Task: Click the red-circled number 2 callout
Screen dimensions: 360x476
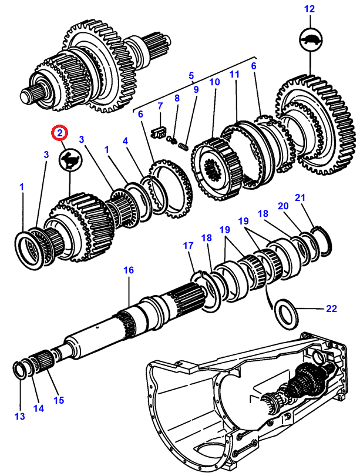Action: pyautogui.click(x=59, y=132)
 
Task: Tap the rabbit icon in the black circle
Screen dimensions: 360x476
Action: pyautogui.click(x=70, y=159)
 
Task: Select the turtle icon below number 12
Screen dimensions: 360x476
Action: pyautogui.click(x=311, y=39)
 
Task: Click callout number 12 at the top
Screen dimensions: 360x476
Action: pyautogui.click(x=309, y=9)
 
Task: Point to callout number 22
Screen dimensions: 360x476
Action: pyautogui.click(x=331, y=309)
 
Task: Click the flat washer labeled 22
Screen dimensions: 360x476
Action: pyautogui.click(x=286, y=314)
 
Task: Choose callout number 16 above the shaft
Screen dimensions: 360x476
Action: pyautogui.click(x=129, y=270)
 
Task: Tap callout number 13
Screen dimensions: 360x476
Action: pyautogui.click(x=20, y=416)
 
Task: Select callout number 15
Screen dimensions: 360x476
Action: pyautogui.click(x=59, y=400)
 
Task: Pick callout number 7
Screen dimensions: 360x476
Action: pyautogui.click(x=160, y=106)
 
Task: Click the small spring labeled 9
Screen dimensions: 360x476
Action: pyautogui.click(x=183, y=146)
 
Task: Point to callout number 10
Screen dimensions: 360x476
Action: pyautogui.click(x=214, y=82)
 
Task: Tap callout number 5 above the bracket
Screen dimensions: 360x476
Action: pyautogui.click(x=191, y=76)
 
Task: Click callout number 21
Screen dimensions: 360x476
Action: pyautogui.click(x=300, y=197)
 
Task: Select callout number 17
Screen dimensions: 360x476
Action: pyautogui.click(x=188, y=246)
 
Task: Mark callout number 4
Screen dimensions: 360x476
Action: pyautogui.click(x=125, y=141)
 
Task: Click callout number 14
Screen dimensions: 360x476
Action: pyautogui.click(x=39, y=408)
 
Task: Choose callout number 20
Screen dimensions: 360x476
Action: pyautogui.click(x=283, y=206)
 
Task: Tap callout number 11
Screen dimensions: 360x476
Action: pyautogui.click(x=234, y=74)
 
